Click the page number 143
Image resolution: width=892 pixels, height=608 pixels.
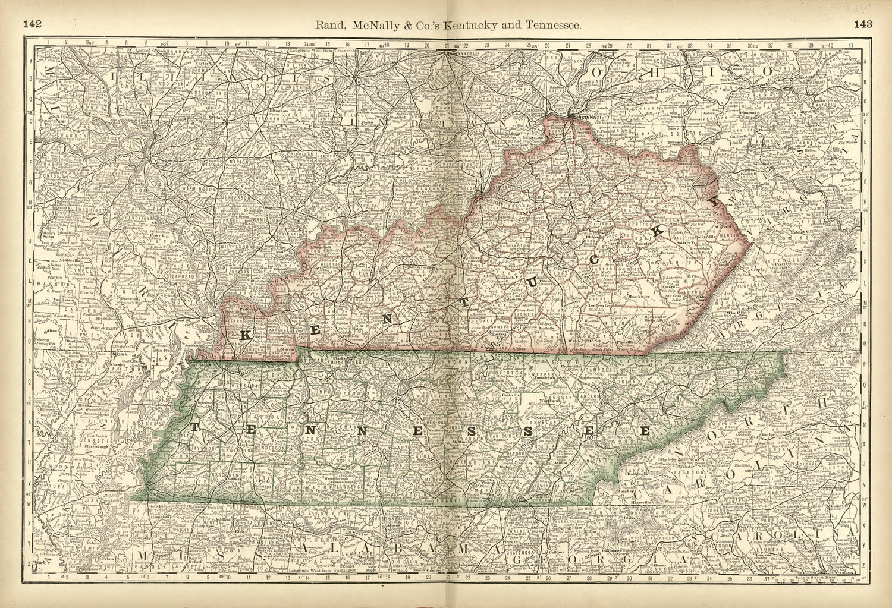862,24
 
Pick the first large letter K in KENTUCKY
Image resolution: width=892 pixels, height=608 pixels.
245,335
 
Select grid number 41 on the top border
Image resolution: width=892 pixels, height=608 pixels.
852,43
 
